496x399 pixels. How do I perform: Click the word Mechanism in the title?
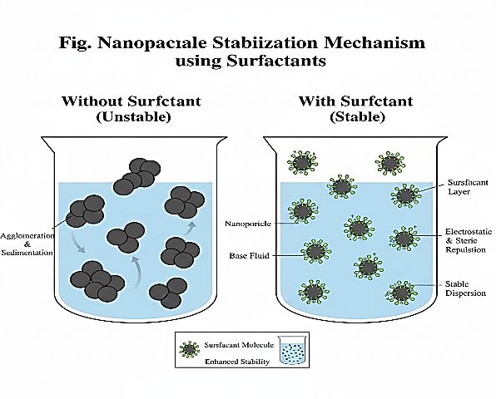[x=374, y=43]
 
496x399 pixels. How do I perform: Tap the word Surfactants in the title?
[x=276, y=61]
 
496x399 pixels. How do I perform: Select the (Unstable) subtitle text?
[x=133, y=117]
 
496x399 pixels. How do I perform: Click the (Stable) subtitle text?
[x=357, y=117]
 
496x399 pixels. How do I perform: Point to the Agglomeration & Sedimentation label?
[x=27, y=244]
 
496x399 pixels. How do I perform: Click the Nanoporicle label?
[x=248, y=224]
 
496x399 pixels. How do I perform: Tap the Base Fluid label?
[x=250, y=255]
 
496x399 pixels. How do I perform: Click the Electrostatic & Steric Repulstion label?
[x=469, y=240]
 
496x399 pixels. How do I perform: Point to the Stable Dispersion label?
[x=465, y=288]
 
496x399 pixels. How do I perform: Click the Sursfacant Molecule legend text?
[x=239, y=345]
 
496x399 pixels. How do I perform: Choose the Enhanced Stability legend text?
[x=237, y=362]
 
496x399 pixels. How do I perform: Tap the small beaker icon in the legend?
[x=292, y=349]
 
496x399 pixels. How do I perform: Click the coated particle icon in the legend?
[x=189, y=349]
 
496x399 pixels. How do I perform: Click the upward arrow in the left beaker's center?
[x=136, y=272]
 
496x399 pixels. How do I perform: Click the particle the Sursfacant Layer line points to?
[x=406, y=196]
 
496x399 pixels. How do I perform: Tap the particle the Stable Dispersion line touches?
[x=401, y=293]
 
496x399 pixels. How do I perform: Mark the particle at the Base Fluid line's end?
[x=315, y=252]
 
